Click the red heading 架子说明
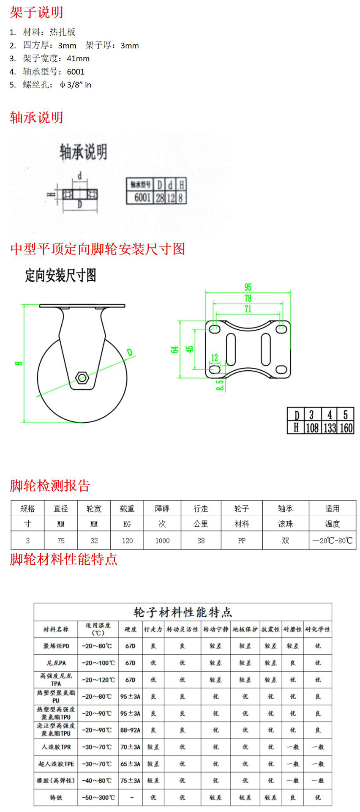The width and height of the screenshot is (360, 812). [x=36, y=12]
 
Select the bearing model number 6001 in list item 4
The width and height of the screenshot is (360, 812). [x=76, y=72]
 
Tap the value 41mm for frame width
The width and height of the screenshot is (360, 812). [x=78, y=59]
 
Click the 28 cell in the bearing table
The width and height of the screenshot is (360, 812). [x=160, y=197]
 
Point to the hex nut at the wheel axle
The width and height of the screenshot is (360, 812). [x=82, y=377]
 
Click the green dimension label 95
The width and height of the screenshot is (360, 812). [x=248, y=287]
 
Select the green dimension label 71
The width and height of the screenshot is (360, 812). [x=248, y=309]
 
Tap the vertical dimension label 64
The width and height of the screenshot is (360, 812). [x=175, y=350]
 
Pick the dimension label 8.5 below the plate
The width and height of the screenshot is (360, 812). [x=220, y=385]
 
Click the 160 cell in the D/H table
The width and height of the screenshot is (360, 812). [x=346, y=428]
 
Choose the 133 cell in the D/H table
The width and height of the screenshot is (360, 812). [x=330, y=428]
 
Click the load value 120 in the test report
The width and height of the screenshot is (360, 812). [x=127, y=541]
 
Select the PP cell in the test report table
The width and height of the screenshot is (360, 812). [x=242, y=541]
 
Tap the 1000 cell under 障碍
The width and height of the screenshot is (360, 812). [x=162, y=541]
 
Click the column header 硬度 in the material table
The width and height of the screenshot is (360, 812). [x=131, y=629]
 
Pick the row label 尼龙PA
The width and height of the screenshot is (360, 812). [x=56, y=663]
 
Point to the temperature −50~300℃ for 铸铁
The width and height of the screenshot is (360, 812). [x=98, y=797]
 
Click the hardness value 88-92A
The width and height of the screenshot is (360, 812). [x=131, y=730]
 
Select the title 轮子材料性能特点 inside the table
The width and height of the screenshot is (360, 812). [x=183, y=612]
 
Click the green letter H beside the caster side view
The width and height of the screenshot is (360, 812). [x=19, y=363]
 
